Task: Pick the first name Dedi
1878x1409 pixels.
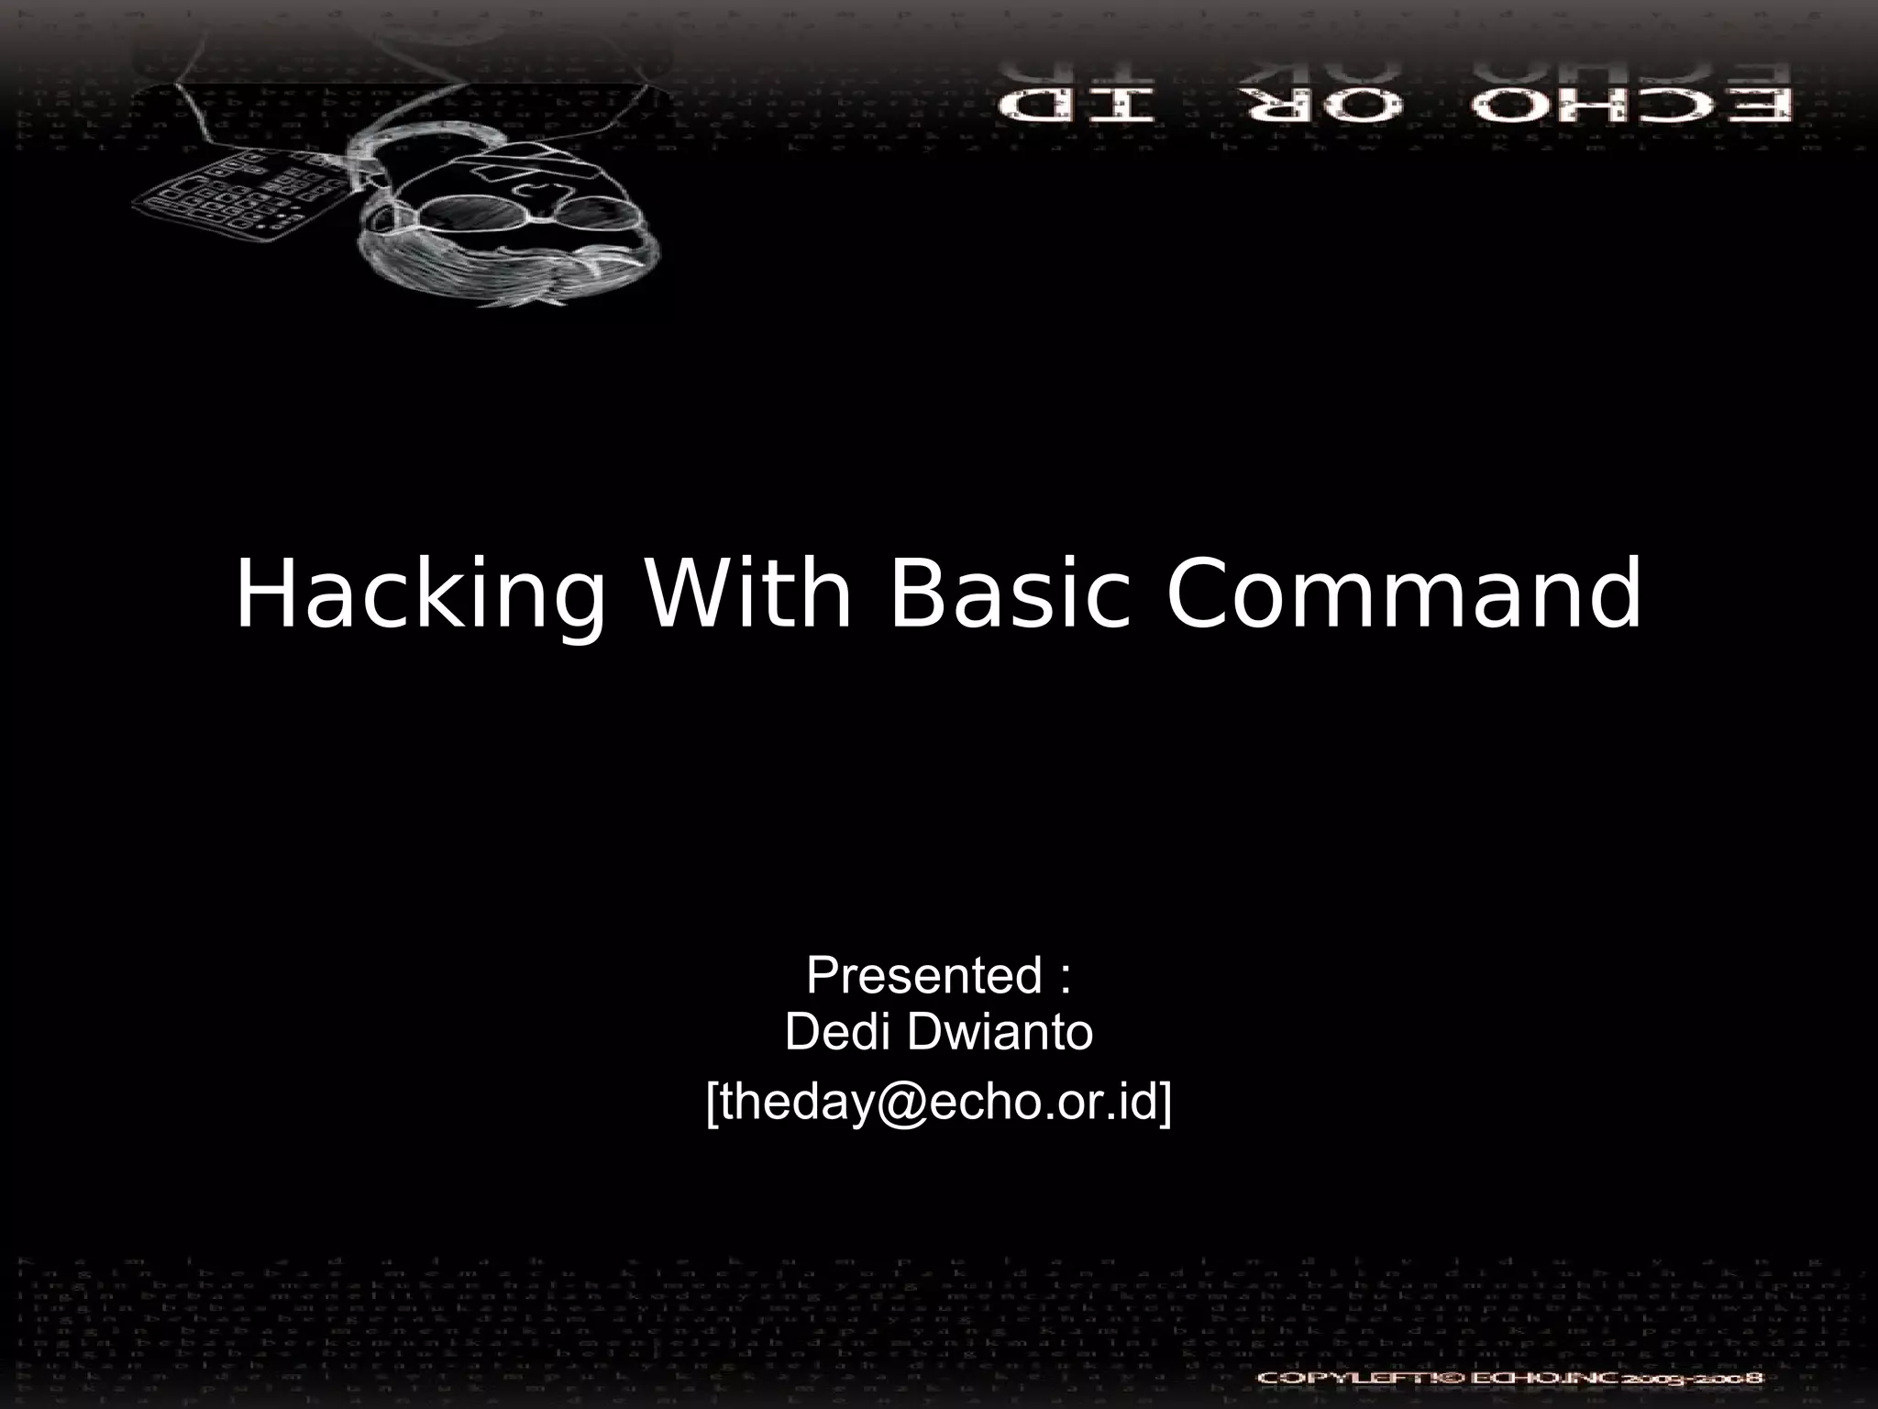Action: (x=830, y=1034)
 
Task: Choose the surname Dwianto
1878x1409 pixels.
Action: (x=1000, y=1034)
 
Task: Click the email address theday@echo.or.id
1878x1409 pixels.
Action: (x=939, y=1102)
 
